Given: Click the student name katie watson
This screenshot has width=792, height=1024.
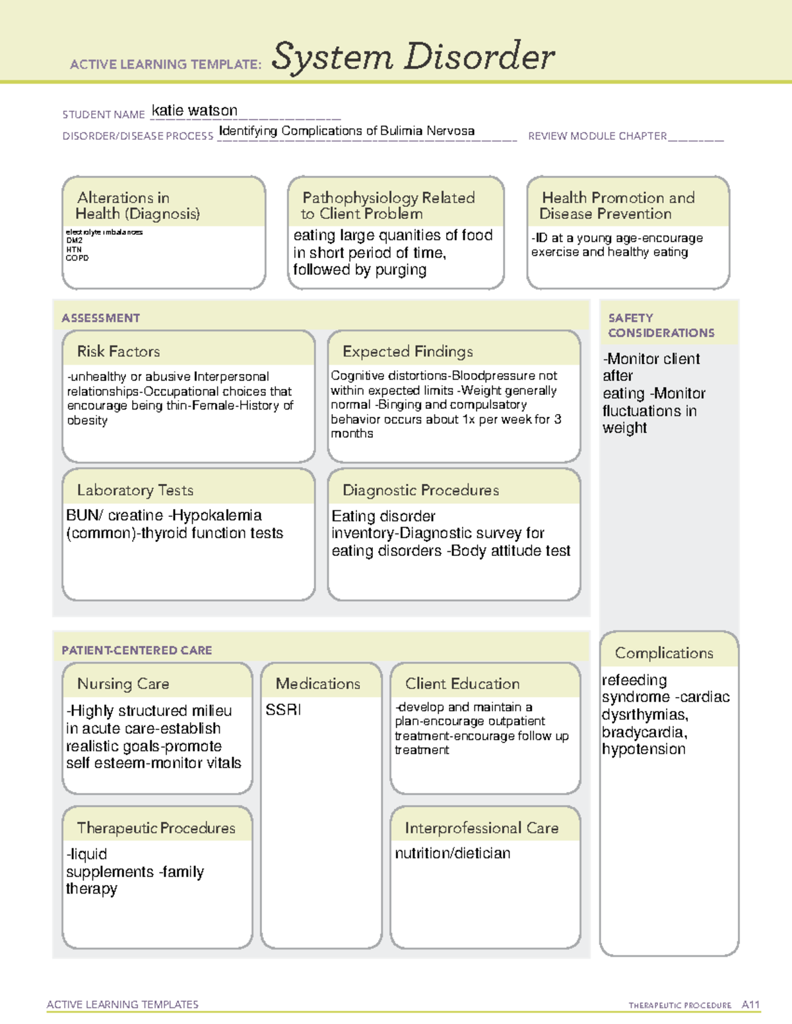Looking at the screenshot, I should pos(194,111).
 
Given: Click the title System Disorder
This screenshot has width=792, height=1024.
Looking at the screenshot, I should pos(413,57).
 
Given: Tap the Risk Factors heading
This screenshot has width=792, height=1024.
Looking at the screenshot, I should pos(118,351).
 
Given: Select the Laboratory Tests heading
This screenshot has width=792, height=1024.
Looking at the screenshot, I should pos(135,490).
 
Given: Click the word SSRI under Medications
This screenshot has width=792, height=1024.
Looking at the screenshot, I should pos(283,710).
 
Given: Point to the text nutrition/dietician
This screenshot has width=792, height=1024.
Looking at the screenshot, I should pos(452,853).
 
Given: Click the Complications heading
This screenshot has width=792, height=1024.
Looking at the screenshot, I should pos(664,653).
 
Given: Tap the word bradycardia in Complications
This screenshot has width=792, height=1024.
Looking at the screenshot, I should pos(643,732).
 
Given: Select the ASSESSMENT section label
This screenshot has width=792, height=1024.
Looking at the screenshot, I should pos(100,318).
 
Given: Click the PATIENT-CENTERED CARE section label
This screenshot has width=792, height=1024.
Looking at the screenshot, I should pos(137,650).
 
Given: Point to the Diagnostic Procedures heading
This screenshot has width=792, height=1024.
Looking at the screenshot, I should pos(420,490).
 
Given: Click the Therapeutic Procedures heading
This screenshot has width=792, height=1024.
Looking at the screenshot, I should pos(156,828).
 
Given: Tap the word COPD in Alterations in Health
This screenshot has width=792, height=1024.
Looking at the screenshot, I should pos(77,258).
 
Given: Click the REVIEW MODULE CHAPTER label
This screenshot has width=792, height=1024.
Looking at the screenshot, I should pos(597,136).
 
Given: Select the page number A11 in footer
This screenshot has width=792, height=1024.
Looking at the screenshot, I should pos(750,1005).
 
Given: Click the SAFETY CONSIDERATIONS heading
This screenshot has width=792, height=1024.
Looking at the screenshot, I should pos(661,325).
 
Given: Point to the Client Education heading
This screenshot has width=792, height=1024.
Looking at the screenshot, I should pos(462,684).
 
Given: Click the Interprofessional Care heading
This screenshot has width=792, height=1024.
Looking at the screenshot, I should pos(481,828).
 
